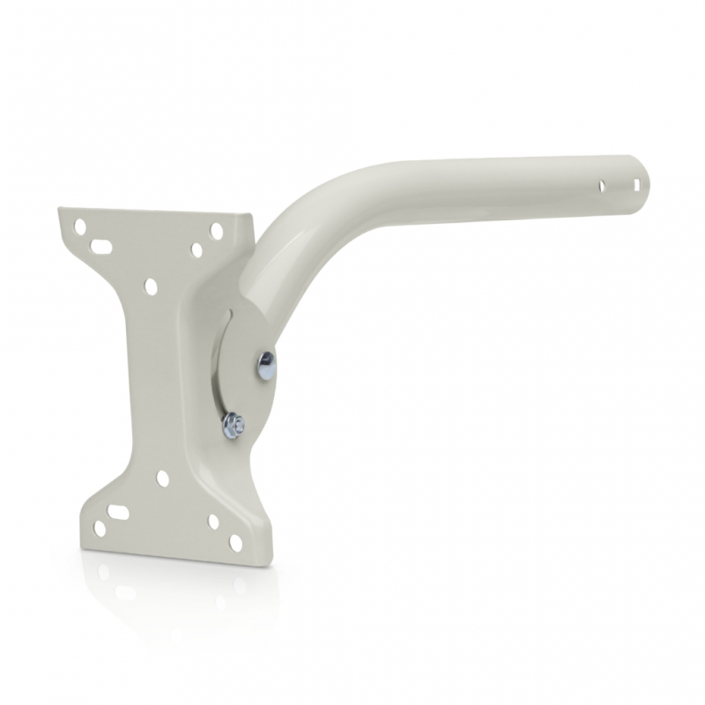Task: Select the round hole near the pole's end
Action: point(603,186)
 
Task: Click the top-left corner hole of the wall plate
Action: point(80,226)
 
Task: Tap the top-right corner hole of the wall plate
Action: point(215,230)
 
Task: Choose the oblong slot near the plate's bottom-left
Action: point(119,510)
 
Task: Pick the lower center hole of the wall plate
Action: point(163,478)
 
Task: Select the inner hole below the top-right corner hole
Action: point(197,250)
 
